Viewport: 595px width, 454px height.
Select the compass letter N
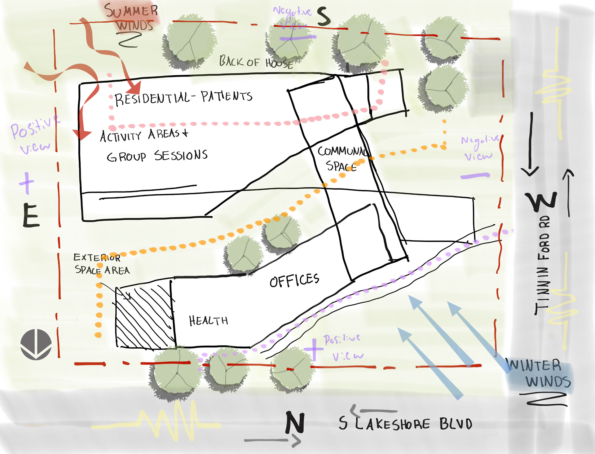[295, 422]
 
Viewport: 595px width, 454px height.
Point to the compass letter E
[31, 216]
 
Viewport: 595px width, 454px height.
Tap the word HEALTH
[208, 320]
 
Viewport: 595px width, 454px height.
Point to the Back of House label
[256, 62]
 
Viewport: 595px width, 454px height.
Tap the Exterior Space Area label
[101, 264]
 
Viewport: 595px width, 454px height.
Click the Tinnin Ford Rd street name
[543, 265]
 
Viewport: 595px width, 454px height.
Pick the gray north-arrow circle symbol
[36, 344]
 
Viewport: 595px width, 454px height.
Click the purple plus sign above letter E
[27, 183]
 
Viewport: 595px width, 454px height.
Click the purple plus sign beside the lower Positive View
[314, 349]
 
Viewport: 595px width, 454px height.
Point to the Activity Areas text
[144, 135]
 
